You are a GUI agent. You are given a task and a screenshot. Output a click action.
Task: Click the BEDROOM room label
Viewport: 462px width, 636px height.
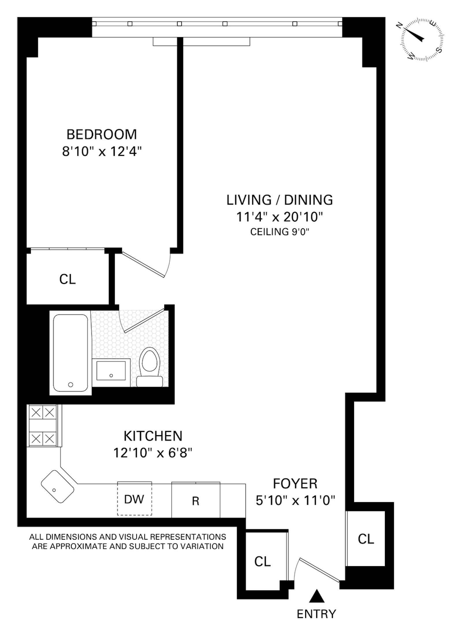tap(102, 134)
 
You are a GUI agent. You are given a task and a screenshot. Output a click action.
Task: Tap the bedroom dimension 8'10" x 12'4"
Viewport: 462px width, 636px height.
tap(102, 151)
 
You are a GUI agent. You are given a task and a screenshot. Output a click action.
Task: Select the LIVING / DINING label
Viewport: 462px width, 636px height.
tap(280, 200)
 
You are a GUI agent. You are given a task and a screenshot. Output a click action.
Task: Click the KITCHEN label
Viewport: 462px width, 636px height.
tap(153, 436)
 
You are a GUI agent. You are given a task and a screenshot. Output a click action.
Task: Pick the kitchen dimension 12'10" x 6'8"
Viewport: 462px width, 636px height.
tap(153, 453)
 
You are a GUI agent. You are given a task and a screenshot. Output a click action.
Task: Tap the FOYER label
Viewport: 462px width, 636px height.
tap(295, 484)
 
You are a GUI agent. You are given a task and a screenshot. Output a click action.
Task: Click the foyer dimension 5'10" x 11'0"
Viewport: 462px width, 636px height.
tap(295, 501)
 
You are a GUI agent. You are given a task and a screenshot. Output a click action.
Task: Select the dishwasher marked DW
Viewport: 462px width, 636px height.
tap(134, 498)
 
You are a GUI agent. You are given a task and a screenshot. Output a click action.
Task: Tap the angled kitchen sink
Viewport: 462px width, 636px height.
tap(57, 487)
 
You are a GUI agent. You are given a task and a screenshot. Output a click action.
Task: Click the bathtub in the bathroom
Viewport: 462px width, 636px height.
tap(71, 353)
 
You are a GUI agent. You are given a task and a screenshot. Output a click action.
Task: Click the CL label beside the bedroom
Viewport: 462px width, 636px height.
tap(68, 279)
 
